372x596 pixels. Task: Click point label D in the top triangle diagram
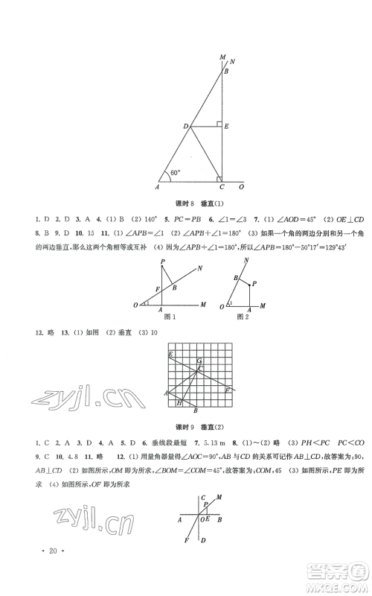coord(187,127)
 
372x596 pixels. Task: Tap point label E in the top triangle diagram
coord(227,128)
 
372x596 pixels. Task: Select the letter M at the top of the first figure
coord(222,57)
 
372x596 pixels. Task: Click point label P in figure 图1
coord(163,260)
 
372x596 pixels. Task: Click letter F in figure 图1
coord(156,288)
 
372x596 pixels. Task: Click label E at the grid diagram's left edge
coord(170,353)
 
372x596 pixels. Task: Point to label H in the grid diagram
coord(179,403)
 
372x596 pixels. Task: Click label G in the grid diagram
coord(199,361)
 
